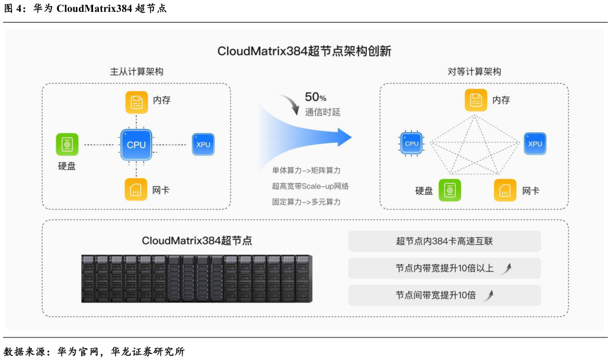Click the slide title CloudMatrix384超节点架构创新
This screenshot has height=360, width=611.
coord(304,51)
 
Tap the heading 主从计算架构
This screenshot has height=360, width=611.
coord(136,72)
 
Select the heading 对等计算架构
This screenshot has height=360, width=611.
coord(474,72)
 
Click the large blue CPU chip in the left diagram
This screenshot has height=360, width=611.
coord(136,145)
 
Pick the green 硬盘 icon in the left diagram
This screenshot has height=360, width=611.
coord(67,144)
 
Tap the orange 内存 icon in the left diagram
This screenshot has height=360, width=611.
coord(137,101)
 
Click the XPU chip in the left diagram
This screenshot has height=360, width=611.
coord(203,145)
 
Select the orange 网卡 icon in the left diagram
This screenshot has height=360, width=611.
coord(136,190)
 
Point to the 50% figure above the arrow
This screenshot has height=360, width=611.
coord(315,97)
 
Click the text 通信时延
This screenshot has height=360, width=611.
coord(323,112)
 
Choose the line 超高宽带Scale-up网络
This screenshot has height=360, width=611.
coord(310,186)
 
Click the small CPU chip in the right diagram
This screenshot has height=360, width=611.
coord(411,144)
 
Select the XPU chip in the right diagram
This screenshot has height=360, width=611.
coord(535,144)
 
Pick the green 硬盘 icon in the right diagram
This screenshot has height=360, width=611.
coord(450,190)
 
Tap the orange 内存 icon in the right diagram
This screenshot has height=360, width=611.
coord(476,100)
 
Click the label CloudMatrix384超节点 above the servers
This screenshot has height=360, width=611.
coord(197,240)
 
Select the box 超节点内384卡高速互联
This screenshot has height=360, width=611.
coord(444,241)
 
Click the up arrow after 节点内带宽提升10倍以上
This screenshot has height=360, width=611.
coord(505,269)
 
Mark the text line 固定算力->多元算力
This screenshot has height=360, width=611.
coord(306,202)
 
